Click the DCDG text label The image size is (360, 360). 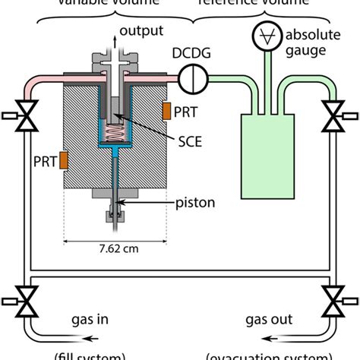[x=193, y=54]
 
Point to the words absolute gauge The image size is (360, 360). [x=314, y=43]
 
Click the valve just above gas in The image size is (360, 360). [x=28, y=300]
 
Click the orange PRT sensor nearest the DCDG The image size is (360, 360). [x=166, y=112]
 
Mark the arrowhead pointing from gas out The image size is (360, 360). [x=229, y=335]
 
